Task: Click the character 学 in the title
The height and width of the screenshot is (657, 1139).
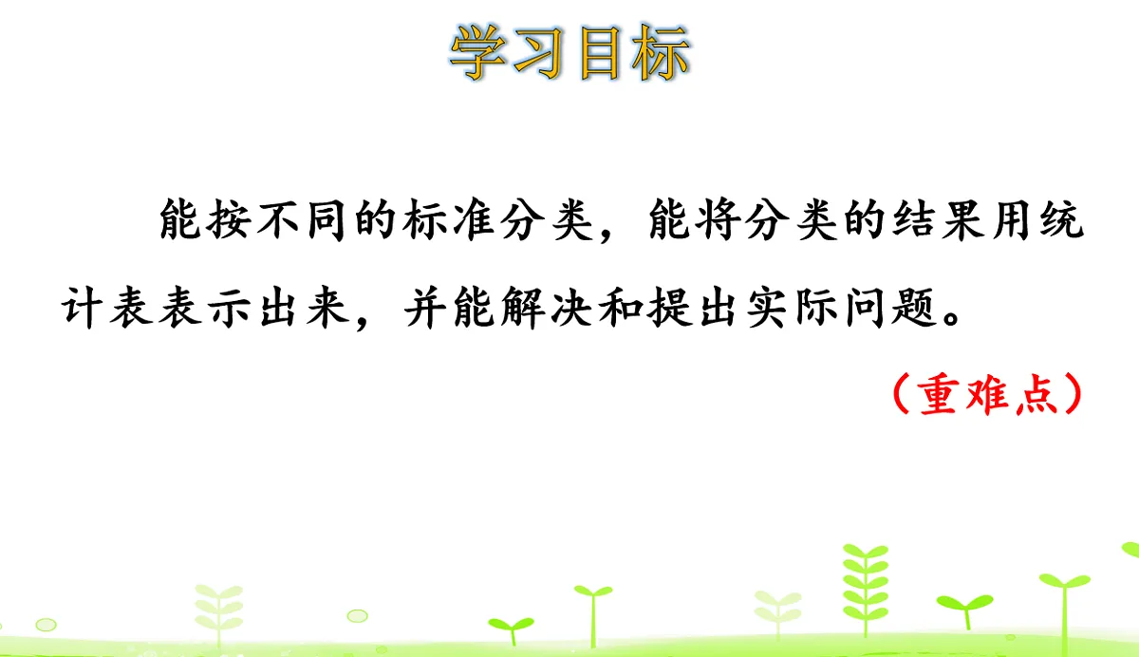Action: pos(479,51)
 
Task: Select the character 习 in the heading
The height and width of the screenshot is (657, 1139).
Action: pos(540,51)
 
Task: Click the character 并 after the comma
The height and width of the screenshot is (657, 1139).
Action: pos(423,310)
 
